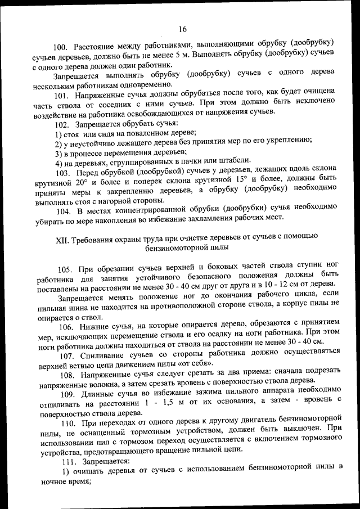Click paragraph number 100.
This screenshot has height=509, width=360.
point(61,44)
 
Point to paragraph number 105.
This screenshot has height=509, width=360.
point(65,269)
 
